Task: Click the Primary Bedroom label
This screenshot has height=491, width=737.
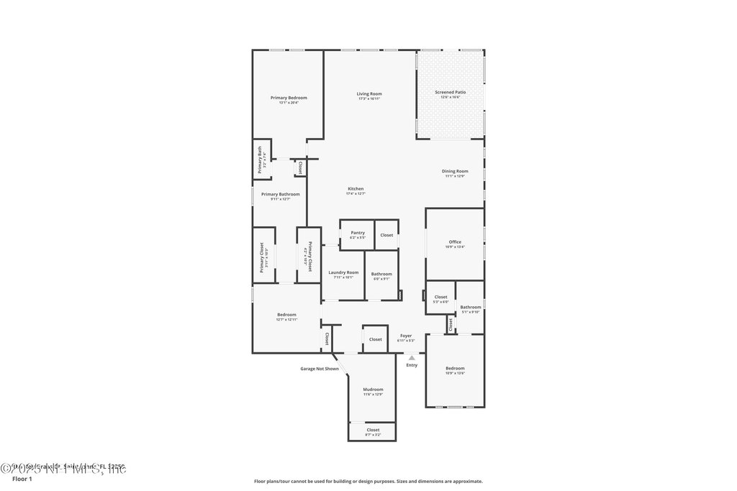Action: (289, 98)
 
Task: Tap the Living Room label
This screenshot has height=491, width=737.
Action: (369, 94)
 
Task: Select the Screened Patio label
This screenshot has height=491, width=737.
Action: (451, 93)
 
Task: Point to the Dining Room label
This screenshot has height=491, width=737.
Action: (455, 171)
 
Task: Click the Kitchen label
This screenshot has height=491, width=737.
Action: (356, 189)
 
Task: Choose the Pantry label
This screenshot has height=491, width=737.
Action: (358, 233)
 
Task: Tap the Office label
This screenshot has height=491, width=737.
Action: (455, 242)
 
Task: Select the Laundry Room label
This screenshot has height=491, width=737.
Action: (343, 272)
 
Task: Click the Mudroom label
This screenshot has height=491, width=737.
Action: (373, 390)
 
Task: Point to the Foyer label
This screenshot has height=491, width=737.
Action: (406, 336)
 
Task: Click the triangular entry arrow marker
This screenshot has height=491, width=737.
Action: (412, 357)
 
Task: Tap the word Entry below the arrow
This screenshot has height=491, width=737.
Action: (412, 365)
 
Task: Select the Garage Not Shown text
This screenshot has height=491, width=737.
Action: (320, 369)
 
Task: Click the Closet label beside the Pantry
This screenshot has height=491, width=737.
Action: (386, 235)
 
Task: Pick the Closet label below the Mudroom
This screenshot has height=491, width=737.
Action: (373, 430)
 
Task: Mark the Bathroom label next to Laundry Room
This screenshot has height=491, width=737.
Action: (381, 274)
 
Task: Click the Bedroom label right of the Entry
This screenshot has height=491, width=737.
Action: (455, 369)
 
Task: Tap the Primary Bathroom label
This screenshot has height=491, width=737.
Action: (280, 194)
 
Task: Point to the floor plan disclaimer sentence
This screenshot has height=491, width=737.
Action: (368, 482)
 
